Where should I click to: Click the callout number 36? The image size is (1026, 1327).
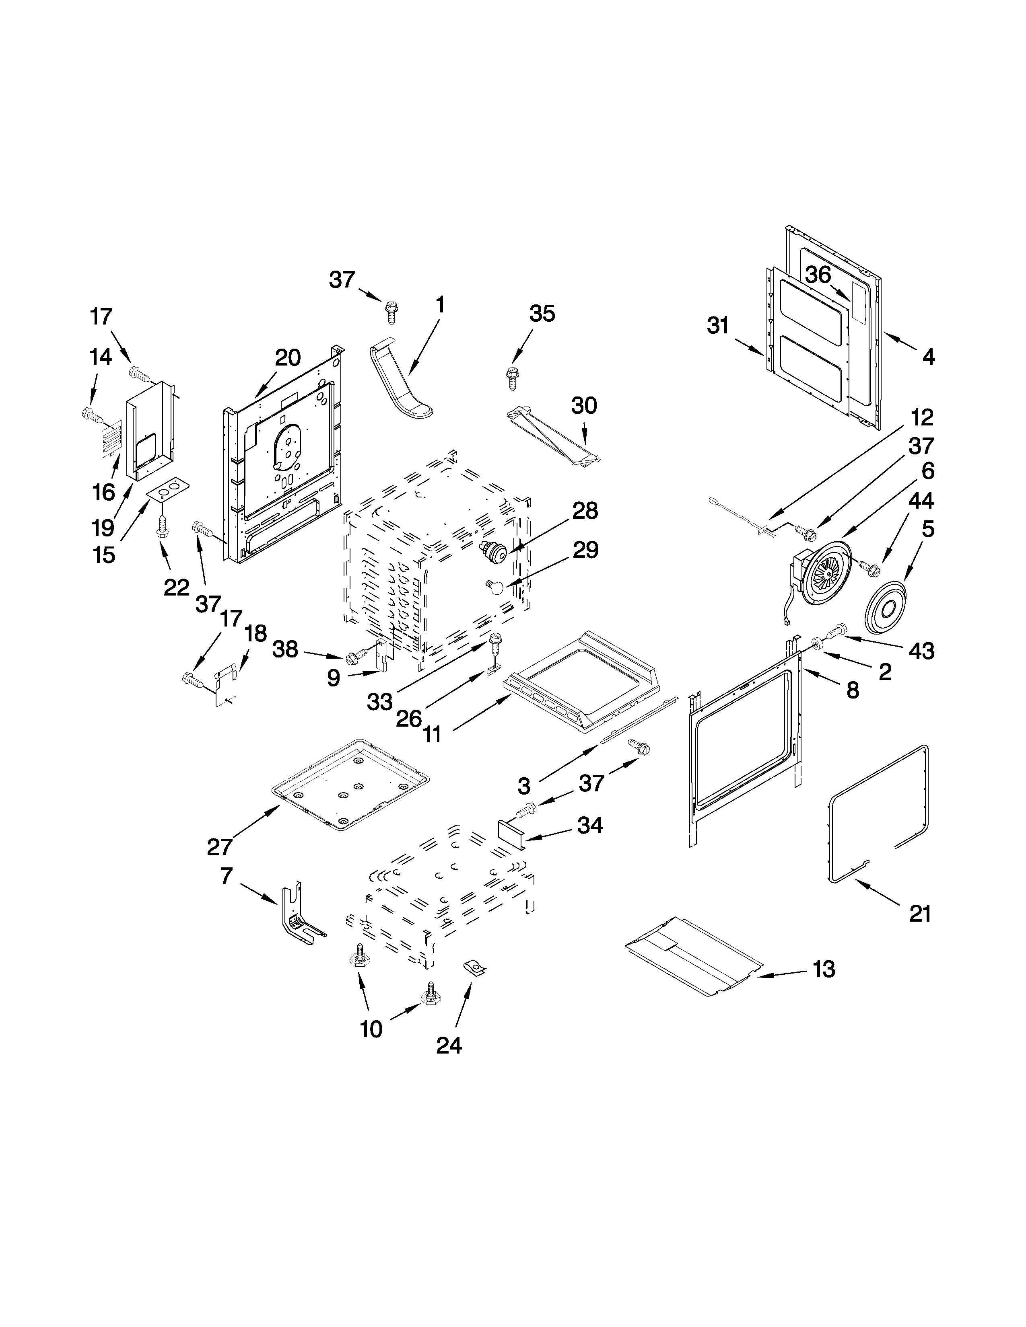click(x=818, y=275)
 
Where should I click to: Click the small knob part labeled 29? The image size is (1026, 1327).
click(x=495, y=586)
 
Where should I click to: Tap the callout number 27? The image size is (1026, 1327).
click(x=219, y=846)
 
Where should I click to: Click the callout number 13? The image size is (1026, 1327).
click(x=824, y=969)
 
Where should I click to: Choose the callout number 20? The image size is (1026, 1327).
click(x=288, y=358)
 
